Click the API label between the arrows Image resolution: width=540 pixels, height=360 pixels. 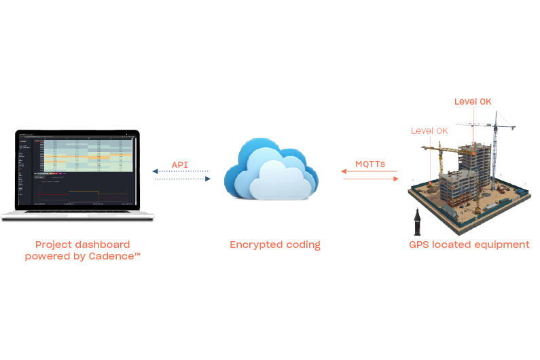point(179,164)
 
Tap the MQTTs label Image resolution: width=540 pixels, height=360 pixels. point(370,164)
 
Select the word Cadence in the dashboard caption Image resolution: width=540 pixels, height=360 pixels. point(114,256)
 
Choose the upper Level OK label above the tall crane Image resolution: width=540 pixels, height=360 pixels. point(473,102)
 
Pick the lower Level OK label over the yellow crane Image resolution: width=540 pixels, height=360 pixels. point(429,130)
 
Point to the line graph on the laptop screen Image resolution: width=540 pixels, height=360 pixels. point(75,193)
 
